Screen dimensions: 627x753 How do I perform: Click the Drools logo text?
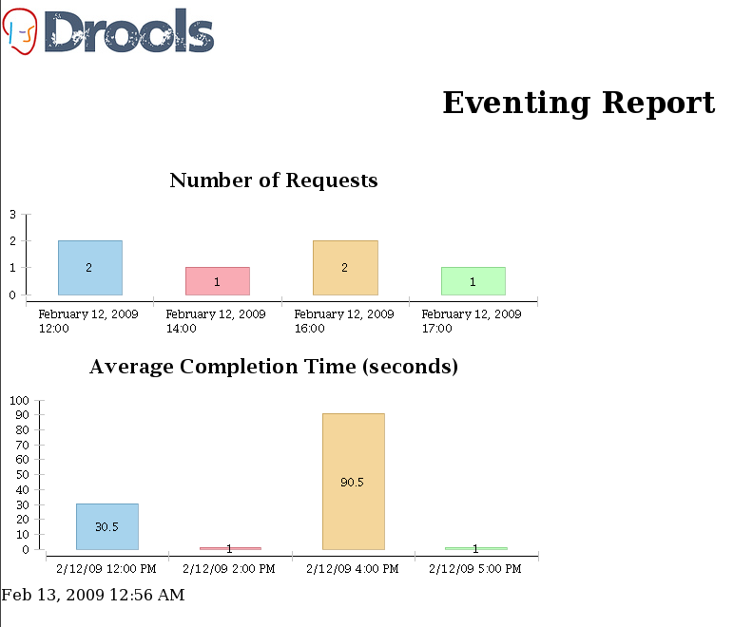click(129, 30)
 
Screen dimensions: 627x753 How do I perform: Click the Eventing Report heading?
click(578, 103)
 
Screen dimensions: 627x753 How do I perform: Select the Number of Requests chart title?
click(273, 180)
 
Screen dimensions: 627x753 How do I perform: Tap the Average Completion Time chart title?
click(273, 367)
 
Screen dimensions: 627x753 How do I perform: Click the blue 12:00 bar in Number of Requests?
click(89, 268)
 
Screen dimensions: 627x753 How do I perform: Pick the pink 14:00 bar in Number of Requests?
click(217, 281)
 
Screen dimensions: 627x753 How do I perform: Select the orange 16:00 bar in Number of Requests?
click(345, 268)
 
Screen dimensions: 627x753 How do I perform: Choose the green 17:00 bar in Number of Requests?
click(473, 281)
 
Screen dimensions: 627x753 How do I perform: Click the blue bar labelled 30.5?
click(106, 526)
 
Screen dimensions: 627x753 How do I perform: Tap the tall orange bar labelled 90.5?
click(353, 482)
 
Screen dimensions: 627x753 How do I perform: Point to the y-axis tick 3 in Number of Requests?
click(12, 214)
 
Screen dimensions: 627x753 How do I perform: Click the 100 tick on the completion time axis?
click(19, 400)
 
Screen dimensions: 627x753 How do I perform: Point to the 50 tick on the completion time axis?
click(22, 475)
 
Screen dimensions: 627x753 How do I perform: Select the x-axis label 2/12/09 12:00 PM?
click(106, 569)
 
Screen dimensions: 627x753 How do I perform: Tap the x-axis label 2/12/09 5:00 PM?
click(475, 569)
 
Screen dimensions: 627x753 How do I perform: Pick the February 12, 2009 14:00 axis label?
click(216, 321)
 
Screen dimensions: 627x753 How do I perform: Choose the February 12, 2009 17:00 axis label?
click(472, 321)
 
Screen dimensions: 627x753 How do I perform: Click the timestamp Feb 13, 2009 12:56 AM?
click(93, 596)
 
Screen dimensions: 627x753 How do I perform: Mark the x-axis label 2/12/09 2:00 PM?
click(229, 569)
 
